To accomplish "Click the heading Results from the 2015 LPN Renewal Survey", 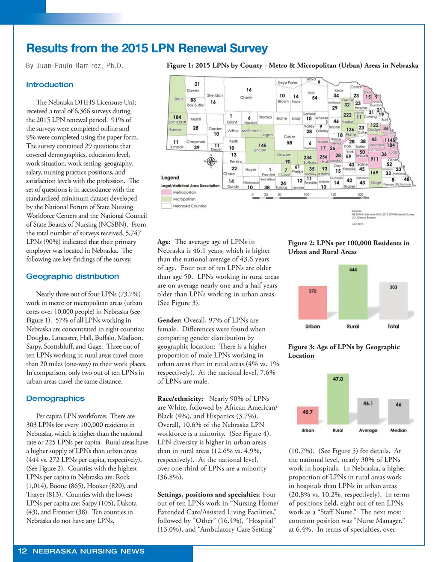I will coord(147,48).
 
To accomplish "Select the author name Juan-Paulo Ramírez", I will coord(74,65).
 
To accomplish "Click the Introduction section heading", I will coord(50,85).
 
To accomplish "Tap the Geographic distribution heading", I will coord(72,276).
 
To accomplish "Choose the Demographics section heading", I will coord(55,398).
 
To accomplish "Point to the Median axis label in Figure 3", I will coord(398,430).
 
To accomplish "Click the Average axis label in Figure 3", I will coord(368,430).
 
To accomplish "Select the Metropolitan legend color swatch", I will coord(166,192).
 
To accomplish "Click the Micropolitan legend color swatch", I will coord(166,199).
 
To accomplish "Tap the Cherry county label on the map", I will coord(246,98).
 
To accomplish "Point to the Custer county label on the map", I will coord(289,137).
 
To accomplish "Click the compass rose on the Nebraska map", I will coord(211,161).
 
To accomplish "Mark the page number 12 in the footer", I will coord(22,551).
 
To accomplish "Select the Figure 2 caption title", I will coord(349,247).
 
